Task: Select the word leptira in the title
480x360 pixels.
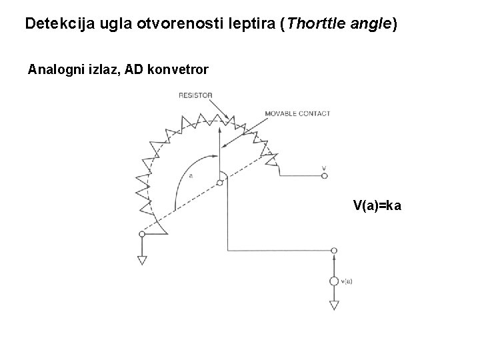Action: (x=253, y=25)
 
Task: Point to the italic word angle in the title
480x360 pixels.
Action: (x=373, y=25)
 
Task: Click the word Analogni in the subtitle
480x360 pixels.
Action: (x=55, y=69)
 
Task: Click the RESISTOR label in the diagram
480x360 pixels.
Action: (x=195, y=95)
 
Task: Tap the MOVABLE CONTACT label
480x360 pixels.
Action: (x=297, y=113)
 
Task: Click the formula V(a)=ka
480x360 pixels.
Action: (x=377, y=205)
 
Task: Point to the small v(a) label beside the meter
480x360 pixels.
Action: (x=346, y=281)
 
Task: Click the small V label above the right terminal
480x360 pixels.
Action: (x=324, y=167)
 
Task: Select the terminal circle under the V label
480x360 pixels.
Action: (x=324, y=176)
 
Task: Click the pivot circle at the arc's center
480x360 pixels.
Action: (x=220, y=182)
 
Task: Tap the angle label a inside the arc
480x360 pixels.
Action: (x=191, y=176)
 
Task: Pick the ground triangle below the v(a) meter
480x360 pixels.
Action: (x=334, y=306)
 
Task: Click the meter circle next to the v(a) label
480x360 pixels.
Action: (x=334, y=281)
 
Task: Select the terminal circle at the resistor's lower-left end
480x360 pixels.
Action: (x=142, y=234)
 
